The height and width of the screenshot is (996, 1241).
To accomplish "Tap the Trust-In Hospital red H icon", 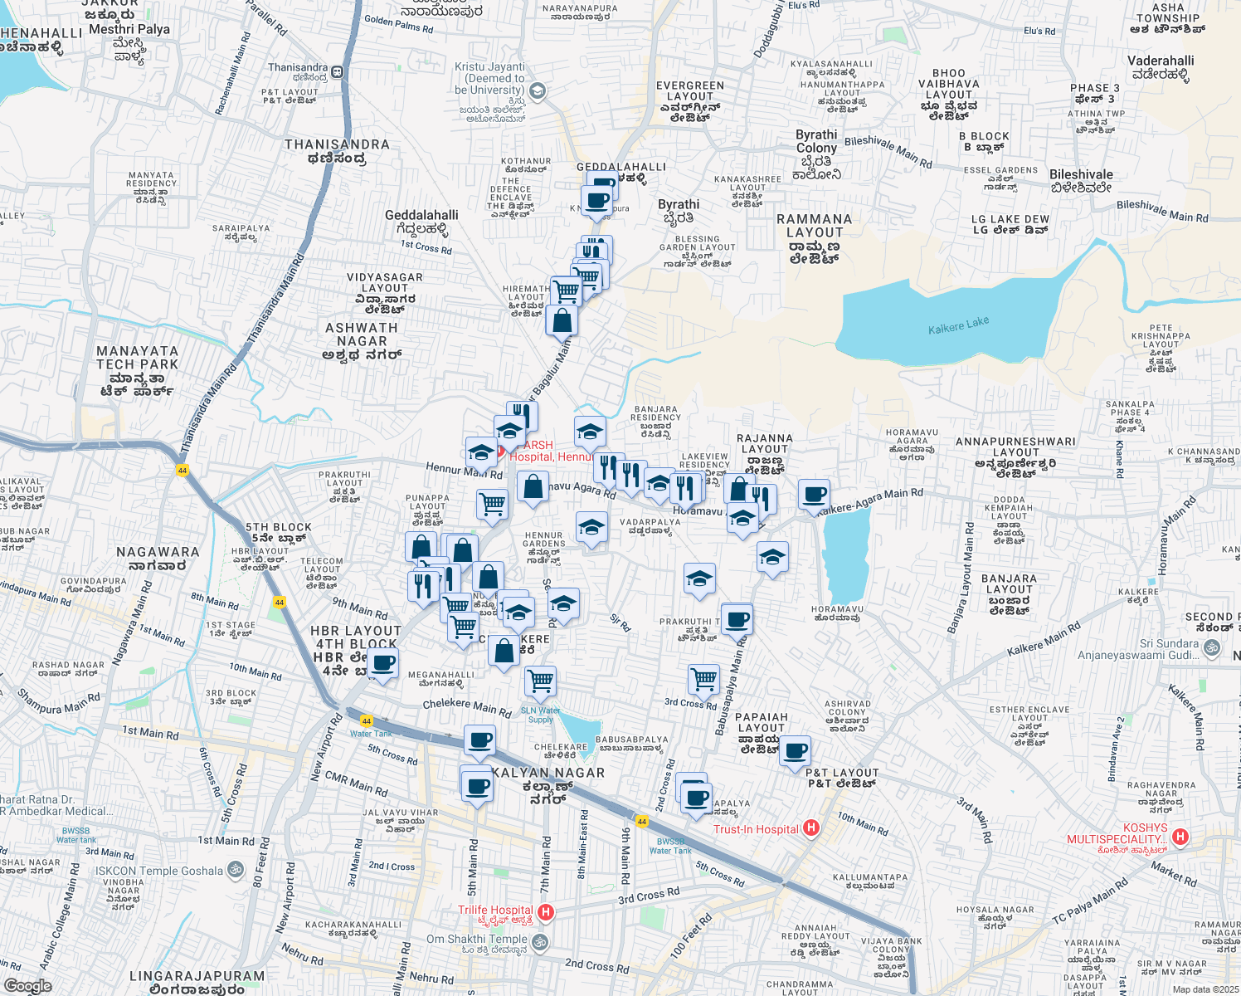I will (811, 828).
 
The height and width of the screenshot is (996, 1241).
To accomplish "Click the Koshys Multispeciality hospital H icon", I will (1180, 837).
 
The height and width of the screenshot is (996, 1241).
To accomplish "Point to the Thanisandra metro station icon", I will (338, 72).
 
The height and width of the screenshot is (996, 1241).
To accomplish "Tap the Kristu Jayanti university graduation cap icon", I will (537, 90).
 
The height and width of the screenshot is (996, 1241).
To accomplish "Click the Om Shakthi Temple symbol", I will (540, 942).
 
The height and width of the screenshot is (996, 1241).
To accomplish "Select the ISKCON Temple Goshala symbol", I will (236, 871).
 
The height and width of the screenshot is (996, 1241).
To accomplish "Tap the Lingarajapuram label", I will (197, 982).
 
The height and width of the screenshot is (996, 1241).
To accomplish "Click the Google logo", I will (27, 985).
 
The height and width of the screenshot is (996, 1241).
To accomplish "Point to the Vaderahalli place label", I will (1161, 67).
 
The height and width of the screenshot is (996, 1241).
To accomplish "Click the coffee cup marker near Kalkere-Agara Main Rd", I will (815, 495).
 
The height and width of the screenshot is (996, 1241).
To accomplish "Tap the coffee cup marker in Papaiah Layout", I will (795, 751).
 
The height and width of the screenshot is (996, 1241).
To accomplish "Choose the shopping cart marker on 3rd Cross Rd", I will (703, 679).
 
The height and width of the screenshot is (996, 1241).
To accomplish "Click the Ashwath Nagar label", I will (362, 341).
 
